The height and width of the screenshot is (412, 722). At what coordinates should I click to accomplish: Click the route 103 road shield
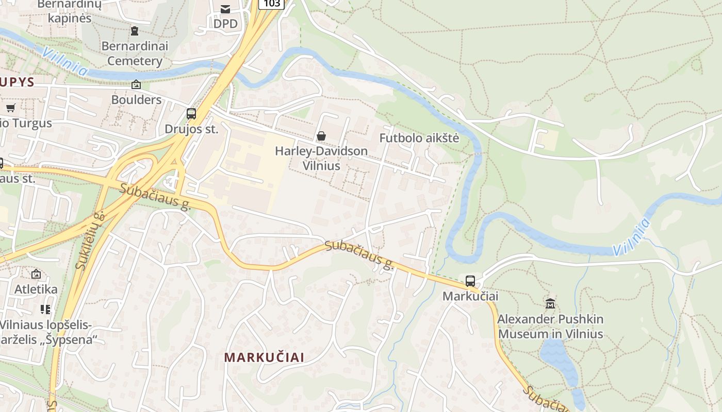(271, 4)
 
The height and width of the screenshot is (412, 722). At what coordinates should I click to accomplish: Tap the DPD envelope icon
(225, 9)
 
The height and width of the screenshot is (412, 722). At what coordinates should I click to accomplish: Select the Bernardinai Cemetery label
(135, 54)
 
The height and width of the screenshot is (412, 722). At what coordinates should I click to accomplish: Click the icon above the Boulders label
(136, 84)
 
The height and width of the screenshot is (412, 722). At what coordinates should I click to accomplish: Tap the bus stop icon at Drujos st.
(191, 114)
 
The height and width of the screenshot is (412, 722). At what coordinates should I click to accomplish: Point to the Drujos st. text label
(191, 129)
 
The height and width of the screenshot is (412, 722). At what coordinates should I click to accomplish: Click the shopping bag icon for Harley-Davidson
(321, 136)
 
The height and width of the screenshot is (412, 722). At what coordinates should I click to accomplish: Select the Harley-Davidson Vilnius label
(321, 158)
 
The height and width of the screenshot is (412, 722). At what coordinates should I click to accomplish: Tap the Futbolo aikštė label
(419, 138)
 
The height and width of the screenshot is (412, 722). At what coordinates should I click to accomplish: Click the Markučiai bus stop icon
(470, 281)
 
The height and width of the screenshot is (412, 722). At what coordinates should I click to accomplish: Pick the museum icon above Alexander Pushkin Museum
(550, 304)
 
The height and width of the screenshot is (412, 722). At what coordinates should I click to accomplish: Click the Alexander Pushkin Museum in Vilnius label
(550, 327)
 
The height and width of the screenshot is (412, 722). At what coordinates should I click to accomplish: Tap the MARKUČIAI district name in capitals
(264, 357)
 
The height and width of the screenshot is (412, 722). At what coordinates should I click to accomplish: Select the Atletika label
(36, 289)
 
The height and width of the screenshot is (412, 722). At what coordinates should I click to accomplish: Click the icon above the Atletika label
(36, 274)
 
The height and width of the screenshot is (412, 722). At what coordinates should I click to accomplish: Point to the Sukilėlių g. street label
(90, 241)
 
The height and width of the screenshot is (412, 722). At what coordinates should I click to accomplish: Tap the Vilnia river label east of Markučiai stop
(631, 237)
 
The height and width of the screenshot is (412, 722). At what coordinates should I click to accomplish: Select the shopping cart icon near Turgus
(11, 108)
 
